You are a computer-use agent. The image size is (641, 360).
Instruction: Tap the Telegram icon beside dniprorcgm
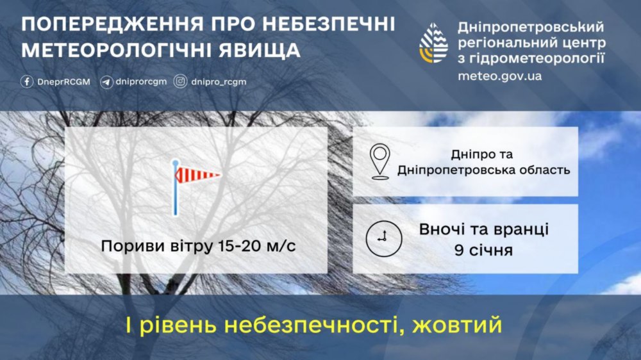[106, 82]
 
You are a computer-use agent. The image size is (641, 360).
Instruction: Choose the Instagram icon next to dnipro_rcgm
[181, 82]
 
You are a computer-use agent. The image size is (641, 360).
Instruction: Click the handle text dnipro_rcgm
[219, 82]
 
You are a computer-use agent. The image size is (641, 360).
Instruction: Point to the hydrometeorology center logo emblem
[434, 45]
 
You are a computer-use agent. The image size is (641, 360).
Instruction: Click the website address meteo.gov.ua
[500, 76]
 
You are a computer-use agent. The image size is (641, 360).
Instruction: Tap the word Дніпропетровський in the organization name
[531, 28]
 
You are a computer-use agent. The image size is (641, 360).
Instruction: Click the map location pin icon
[381, 161]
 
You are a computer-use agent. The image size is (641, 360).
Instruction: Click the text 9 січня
[483, 250]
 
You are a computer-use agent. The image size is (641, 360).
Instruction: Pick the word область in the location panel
[541, 170]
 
